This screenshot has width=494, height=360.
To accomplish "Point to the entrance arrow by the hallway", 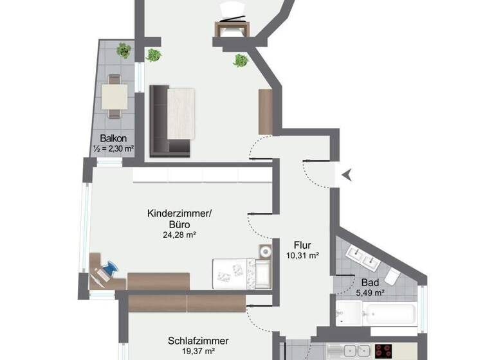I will click(347, 174).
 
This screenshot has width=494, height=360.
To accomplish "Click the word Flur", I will click(302, 245).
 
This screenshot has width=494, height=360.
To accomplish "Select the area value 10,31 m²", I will click(302, 255).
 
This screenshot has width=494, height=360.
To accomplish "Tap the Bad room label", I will click(369, 283).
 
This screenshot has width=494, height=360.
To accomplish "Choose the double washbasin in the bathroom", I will click(361, 258).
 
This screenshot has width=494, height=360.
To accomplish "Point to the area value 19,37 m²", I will click(198, 352).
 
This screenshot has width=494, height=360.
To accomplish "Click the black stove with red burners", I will click(384, 352).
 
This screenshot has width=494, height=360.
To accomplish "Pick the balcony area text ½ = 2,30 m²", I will click(113, 149).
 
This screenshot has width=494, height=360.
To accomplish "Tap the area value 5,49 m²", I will click(369, 293).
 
